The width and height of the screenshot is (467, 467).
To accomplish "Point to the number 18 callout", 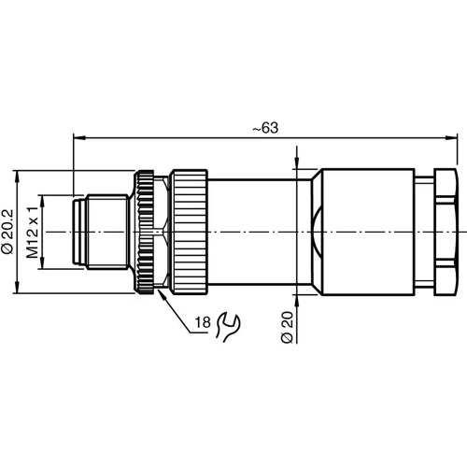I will click(x=202, y=323).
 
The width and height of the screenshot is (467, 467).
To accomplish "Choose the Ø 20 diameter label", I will click(x=288, y=326).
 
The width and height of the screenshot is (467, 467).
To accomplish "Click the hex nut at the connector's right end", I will click(x=443, y=231).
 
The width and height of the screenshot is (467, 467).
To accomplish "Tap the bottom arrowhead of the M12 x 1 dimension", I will click(x=40, y=265).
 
